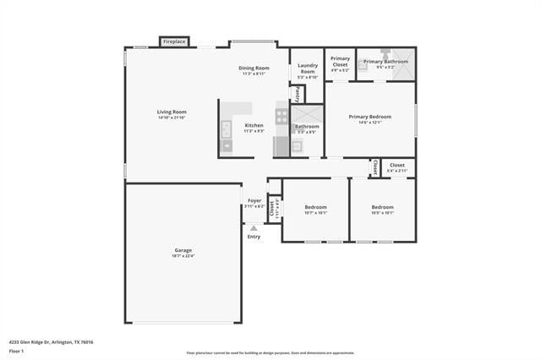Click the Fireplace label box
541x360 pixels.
click(174, 41)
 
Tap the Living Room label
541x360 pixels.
click(172, 112)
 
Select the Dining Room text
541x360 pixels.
click(254, 68)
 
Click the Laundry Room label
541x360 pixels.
click(308, 68)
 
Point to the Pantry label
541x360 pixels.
click(297, 94)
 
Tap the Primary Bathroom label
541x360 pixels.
click(385, 62)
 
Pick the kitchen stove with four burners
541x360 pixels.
click(281, 116)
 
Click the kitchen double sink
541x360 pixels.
click(227, 129)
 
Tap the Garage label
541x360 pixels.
click(183, 250)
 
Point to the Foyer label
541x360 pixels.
click(254, 201)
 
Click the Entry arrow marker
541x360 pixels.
click(254, 228)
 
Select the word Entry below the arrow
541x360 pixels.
click(254, 237)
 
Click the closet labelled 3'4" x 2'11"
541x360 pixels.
click(396, 167)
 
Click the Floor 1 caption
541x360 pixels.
click(17, 351)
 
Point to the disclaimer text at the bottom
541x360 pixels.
click(270, 353)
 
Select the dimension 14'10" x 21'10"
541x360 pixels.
click(172, 117)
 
